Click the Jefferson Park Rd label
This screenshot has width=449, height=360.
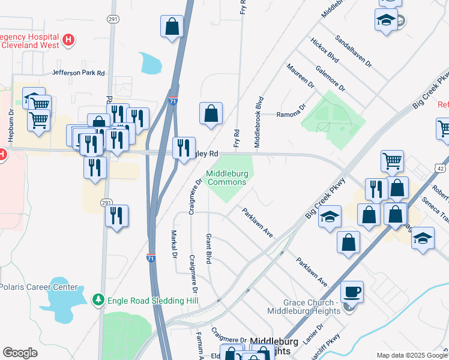click(79, 73)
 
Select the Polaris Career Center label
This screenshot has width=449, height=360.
click(38, 287)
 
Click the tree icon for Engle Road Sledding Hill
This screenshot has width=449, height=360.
click(98, 299)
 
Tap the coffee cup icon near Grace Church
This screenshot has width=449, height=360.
click(352, 292)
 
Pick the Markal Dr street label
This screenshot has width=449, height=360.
click(173, 244)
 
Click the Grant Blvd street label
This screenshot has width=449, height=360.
click(209, 248)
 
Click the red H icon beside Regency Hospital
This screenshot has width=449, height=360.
click(69, 40)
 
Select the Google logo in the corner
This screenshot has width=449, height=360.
click(20, 352)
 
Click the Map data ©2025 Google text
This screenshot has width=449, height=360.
click(411, 355)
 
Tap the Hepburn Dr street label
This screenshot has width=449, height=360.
click(10, 125)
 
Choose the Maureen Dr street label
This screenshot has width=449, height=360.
click(301, 76)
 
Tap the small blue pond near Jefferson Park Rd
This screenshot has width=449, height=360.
click(150, 62)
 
